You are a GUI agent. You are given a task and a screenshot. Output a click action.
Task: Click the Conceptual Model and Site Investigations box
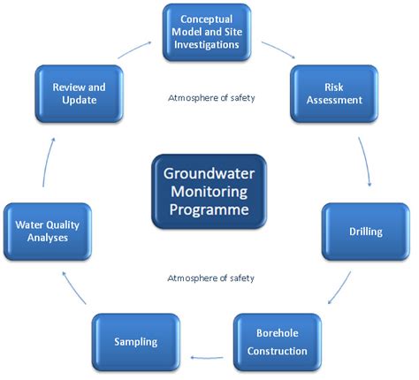tap(205, 32)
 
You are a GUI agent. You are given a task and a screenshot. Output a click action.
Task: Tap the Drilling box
tap(364, 232)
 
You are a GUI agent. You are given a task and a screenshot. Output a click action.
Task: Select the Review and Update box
tap(79, 94)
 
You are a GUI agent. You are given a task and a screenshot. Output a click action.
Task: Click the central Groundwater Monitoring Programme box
tap(209, 193)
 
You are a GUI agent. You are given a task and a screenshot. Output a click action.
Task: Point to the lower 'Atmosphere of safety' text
tap(210, 277)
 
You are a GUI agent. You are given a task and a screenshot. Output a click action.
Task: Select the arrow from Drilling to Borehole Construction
tap(342, 292)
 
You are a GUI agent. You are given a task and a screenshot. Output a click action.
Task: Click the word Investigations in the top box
tap(205, 46)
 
